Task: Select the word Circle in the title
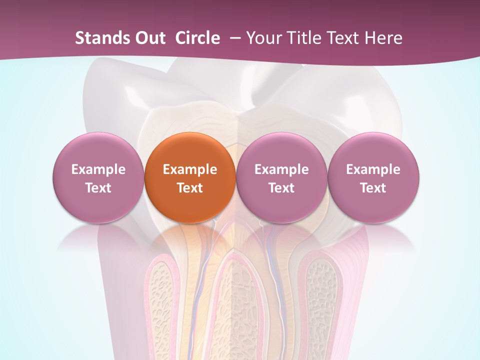point(197,38)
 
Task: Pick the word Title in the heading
point(299,38)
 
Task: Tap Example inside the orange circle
point(190,169)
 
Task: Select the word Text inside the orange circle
point(190,188)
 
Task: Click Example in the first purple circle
point(98,169)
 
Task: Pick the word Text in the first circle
point(98,188)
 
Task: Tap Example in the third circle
point(281,169)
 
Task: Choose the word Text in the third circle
point(281,188)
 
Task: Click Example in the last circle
point(373,169)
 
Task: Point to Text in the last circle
point(373,188)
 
